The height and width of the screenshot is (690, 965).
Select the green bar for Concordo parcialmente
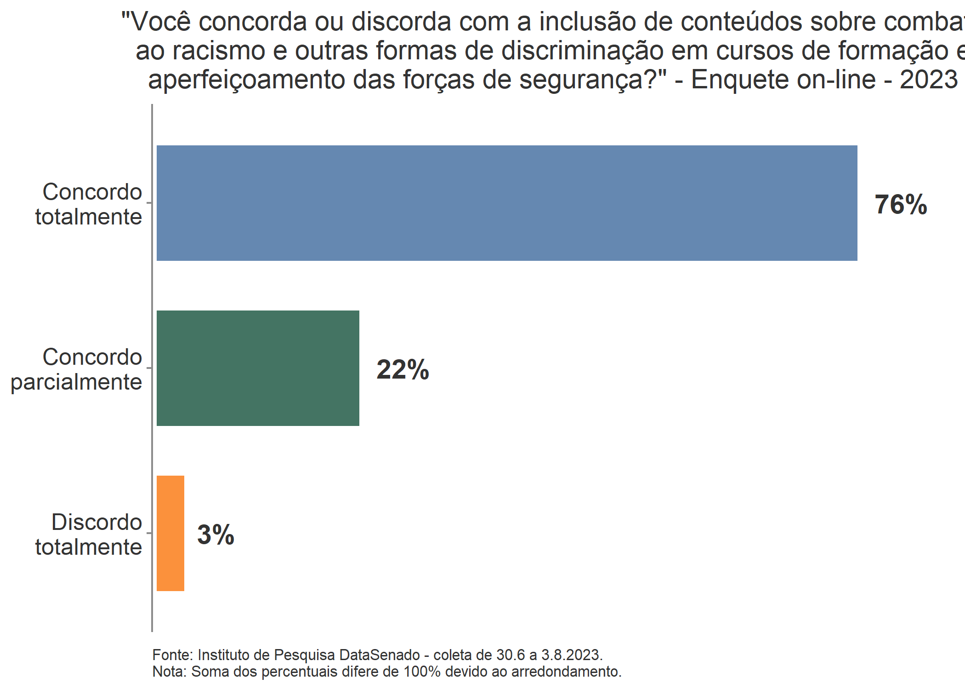(x=258, y=368)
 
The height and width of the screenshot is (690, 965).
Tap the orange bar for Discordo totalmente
(x=170, y=533)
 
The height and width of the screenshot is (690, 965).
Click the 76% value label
(x=900, y=205)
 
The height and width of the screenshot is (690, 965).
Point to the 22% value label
(x=403, y=370)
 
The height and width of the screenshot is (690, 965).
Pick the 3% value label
(x=216, y=535)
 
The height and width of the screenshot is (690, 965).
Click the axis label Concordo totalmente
(x=89, y=204)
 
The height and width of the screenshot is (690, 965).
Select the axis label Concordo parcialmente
(x=76, y=369)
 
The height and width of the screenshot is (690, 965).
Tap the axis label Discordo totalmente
(x=89, y=535)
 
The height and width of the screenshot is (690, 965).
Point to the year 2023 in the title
(x=928, y=80)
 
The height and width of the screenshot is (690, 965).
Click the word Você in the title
(x=161, y=22)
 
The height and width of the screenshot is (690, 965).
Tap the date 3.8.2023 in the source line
(x=571, y=655)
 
